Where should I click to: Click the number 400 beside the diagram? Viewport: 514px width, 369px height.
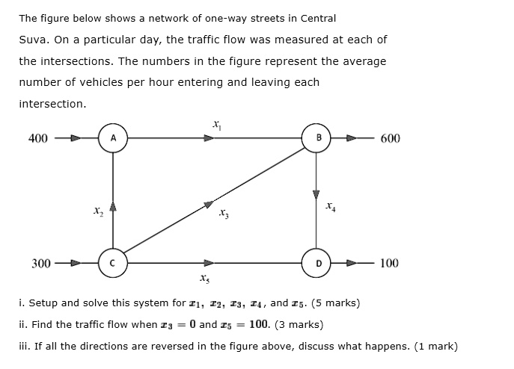point(37,138)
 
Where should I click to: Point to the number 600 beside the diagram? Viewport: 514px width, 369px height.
point(390,138)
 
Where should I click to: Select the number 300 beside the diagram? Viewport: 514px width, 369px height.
point(41,263)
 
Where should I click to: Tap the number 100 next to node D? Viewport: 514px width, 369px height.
point(389,263)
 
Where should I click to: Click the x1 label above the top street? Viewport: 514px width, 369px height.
point(217,125)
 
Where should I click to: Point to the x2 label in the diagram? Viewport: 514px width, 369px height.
point(98,211)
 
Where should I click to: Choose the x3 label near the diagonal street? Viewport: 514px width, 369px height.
point(224,214)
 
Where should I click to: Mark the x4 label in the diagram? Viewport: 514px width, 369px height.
point(331,207)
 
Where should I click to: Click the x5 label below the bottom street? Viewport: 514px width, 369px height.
point(204,279)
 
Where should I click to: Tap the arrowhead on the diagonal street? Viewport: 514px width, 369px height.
point(209,205)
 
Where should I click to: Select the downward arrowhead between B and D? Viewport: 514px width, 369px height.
point(316,194)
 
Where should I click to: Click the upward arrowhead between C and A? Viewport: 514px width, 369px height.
point(113,206)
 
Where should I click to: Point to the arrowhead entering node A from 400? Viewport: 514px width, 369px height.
point(76,138)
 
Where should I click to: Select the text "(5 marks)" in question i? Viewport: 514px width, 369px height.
point(335,303)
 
